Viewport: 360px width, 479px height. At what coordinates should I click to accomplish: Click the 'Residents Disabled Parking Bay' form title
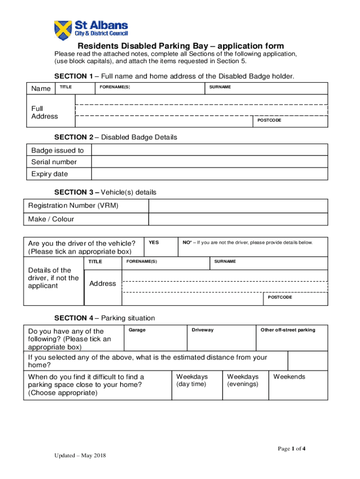(x=180, y=46)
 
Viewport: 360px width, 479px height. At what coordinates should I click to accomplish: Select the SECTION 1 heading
(x=174, y=76)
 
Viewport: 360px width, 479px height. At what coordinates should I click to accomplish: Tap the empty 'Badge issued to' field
(x=209, y=150)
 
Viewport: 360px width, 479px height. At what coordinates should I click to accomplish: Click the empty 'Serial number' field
(x=209, y=162)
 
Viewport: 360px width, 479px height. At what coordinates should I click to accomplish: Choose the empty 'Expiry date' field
(x=209, y=174)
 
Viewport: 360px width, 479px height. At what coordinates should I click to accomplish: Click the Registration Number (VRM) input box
(x=238, y=206)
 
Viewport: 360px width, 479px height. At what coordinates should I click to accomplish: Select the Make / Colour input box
(x=238, y=219)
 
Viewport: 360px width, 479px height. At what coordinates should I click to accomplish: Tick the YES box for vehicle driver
(x=160, y=247)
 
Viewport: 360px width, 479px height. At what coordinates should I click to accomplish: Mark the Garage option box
(x=155, y=338)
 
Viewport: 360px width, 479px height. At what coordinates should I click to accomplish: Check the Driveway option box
(x=221, y=338)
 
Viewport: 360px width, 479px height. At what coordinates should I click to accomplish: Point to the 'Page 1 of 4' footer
(x=292, y=449)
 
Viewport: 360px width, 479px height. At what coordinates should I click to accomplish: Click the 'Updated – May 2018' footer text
(x=82, y=456)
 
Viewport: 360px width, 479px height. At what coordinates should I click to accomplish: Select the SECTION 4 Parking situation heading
(x=104, y=318)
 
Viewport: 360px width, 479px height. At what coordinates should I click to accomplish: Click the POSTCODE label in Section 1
(x=269, y=121)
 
